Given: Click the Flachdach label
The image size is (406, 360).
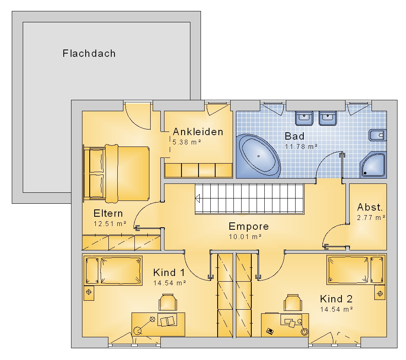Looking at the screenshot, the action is (x=89, y=54).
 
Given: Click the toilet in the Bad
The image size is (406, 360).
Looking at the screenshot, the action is (x=378, y=135).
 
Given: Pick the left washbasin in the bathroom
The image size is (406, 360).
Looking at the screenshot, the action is (x=304, y=118).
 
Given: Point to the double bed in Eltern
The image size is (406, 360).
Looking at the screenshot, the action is (x=116, y=173).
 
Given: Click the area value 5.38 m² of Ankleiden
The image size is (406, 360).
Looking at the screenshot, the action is (x=187, y=142).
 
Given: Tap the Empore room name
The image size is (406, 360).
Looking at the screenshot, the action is (x=249, y=226).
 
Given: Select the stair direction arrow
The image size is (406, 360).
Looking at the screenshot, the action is (x=198, y=199).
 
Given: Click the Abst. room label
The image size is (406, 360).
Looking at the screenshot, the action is (x=370, y=207).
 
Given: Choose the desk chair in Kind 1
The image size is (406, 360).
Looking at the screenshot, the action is (x=168, y=302).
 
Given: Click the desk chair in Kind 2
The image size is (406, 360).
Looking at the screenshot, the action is (x=293, y=302).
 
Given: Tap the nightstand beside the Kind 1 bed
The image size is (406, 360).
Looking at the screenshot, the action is (x=89, y=293).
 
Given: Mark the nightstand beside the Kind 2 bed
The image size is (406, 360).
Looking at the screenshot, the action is (x=380, y=293).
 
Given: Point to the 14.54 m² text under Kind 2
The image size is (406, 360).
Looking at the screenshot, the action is (x=337, y=309).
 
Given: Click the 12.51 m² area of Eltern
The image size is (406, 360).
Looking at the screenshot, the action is (x=110, y=224).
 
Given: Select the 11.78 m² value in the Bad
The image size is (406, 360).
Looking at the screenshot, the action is (x=301, y=147).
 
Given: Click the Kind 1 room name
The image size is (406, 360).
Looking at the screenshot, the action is (x=169, y=272).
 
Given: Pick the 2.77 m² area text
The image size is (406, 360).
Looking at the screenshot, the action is (x=371, y=218).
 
